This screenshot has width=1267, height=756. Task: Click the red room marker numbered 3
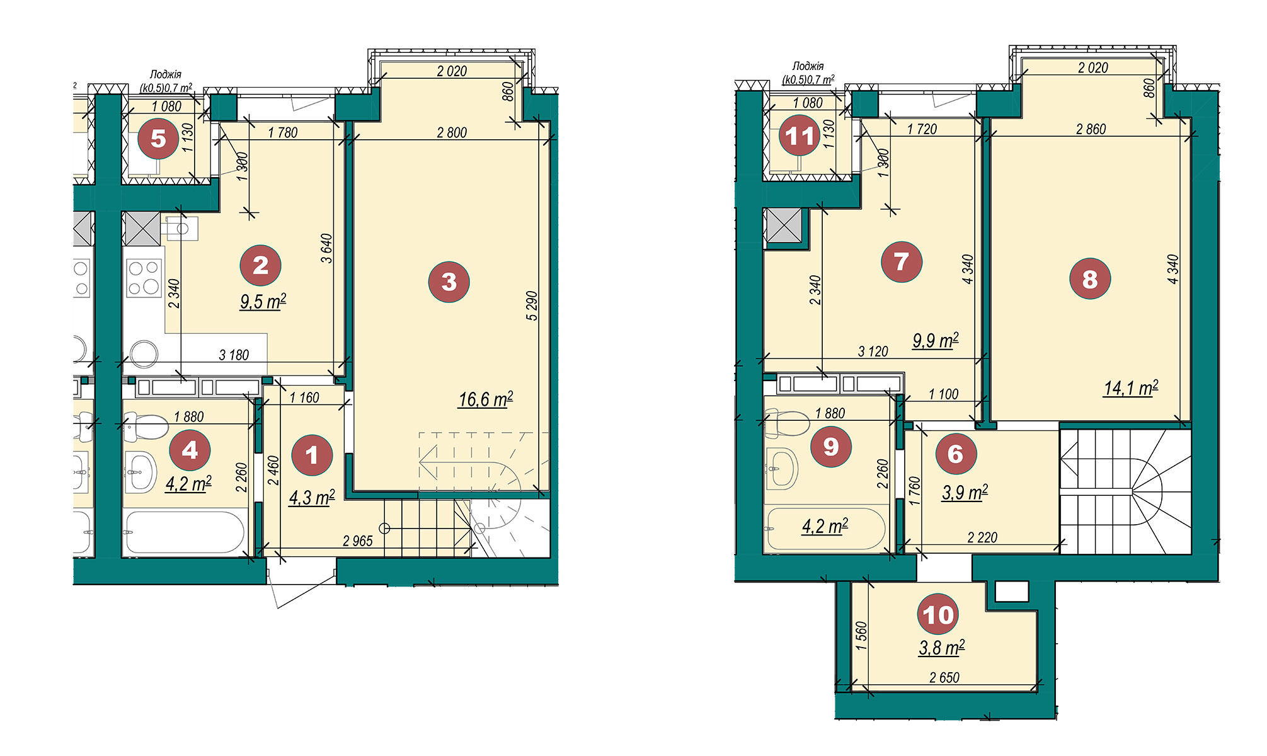tap(449, 282)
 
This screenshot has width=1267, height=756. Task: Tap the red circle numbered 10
tap(938, 614)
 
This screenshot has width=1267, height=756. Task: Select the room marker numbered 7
tap(902, 261)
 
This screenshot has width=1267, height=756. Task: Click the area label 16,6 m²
tap(486, 399)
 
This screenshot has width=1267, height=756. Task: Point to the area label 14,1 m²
tap(1131, 388)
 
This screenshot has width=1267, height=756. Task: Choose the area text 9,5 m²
tap(263, 302)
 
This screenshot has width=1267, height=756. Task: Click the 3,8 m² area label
tap(942, 648)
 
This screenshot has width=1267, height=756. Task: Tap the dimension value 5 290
tap(532, 306)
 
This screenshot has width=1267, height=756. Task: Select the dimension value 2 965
tap(358, 541)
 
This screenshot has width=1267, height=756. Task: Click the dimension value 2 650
tap(944, 678)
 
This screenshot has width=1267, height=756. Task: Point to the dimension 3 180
tap(234, 355)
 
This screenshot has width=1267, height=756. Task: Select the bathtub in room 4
tap(183, 533)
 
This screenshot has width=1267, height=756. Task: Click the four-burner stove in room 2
tap(144, 278)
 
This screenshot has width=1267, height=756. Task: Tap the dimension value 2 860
tap(1091, 129)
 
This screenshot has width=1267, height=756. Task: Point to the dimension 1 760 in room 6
tap(915, 491)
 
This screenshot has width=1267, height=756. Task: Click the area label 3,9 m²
tap(965, 492)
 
